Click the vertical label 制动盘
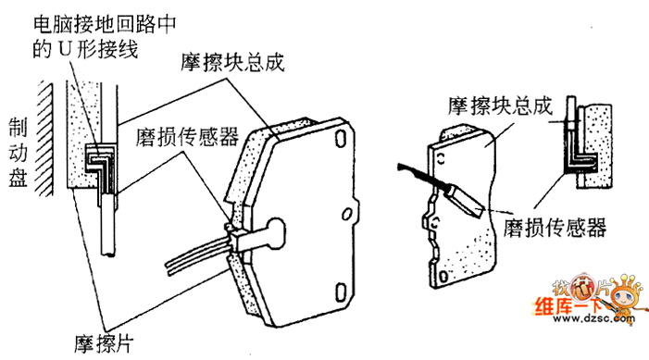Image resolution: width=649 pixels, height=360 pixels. click(x=18, y=153)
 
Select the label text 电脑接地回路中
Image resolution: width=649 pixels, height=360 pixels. click(x=105, y=25)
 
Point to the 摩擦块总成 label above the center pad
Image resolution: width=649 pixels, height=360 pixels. click(x=232, y=63)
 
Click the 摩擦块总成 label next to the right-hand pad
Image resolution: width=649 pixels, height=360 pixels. click(x=501, y=106)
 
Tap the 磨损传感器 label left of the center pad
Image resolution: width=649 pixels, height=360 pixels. click(x=188, y=137)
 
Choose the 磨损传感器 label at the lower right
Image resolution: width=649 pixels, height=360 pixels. click(x=555, y=227)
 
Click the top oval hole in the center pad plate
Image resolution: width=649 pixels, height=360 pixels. click(x=340, y=139)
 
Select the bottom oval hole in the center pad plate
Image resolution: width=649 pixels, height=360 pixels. click(x=340, y=292)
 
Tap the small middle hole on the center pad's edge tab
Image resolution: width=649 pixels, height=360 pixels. click(x=347, y=214)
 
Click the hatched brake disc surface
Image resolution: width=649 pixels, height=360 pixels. click(x=44, y=140)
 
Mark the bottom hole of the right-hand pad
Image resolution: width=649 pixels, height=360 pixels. click(x=443, y=276)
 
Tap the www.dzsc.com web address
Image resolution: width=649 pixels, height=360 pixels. click(x=593, y=318)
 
